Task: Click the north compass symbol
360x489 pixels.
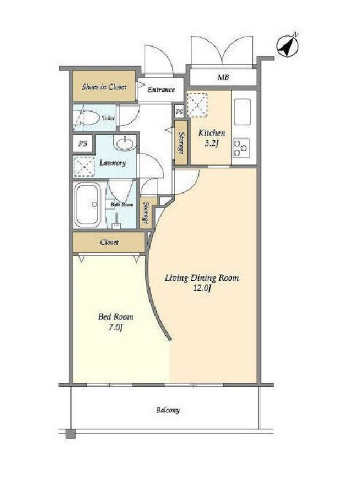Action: click(x=287, y=46)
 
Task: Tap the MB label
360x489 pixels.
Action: click(x=223, y=76)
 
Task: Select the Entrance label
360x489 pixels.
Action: click(x=161, y=90)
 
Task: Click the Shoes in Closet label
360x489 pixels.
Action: click(x=104, y=87)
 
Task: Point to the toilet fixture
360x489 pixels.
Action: click(x=88, y=118)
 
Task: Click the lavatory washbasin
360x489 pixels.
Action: click(x=125, y=143)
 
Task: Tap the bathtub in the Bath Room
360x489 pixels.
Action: click(x=88, y=204)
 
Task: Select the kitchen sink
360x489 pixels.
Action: click(x=242, y=112)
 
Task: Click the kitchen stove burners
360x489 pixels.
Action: click(x=241, y=148)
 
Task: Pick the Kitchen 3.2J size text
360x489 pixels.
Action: click(x=212, y=138)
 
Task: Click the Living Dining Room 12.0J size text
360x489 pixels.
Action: click(x=202, y=283)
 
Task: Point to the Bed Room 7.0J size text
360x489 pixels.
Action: click(x=116, y=322)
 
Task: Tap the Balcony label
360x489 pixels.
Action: click(x=168, y=410)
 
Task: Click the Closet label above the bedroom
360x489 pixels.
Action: click(x=109, y=242)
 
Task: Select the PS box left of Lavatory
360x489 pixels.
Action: click(x=83, y=144)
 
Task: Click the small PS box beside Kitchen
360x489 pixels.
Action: click(x=179, y=112)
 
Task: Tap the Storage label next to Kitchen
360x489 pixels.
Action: click(x=181, y=143)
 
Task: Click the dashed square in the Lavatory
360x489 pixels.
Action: click(x=84, y=167)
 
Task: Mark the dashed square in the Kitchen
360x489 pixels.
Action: click(x=197, y=105)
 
